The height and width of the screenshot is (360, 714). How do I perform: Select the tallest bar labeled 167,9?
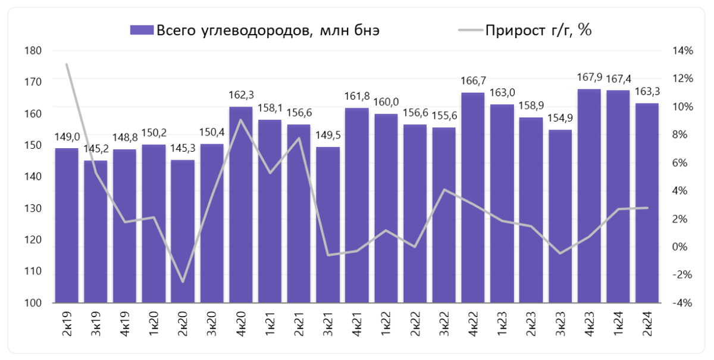589,196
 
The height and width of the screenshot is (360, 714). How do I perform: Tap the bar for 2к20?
183,232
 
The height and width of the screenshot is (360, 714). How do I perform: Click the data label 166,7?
473,80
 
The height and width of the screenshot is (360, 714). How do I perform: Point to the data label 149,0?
67,136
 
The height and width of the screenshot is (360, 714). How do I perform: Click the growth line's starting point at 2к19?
67,64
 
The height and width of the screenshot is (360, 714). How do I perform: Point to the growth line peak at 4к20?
241,120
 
